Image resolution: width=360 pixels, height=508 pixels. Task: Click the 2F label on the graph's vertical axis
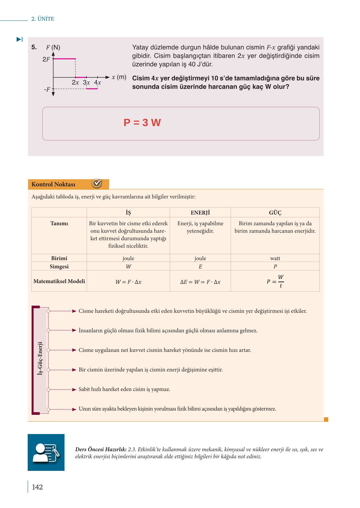pyautogui.click(x=46, y=59)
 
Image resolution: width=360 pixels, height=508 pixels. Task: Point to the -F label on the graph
pyautogui.click(x=47, y=89)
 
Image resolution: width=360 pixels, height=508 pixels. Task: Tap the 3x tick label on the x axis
pyautogui.click(x=86, y=82)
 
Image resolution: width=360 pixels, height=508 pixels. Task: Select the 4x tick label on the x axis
pyautogui.click(x=97, y=82)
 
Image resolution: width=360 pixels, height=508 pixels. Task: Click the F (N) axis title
pyautogui.click(x=53, y=48)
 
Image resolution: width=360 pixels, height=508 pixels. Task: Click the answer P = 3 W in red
pyautogui.click(x=142, y=123)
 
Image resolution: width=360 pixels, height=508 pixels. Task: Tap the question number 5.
pyautogui.click(x=34, y=47)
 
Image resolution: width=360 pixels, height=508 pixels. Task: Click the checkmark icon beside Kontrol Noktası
pyautogui.click(x=97, y=184)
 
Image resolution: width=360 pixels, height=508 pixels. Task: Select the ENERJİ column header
pyautogui.click(x=200, y=212)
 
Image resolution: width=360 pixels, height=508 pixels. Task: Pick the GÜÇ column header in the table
pyautogui.click(x=275, y=212)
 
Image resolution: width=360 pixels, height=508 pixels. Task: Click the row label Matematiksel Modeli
pyautogui.click(x=59, y=281)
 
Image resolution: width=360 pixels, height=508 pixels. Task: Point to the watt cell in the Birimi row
pyautogui.click(x=275, y=258)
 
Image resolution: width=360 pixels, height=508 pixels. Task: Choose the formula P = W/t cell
pyautogui.click(x=275, y=281)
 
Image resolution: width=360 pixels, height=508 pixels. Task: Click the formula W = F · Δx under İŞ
pyautogui.click(x=128, y=282)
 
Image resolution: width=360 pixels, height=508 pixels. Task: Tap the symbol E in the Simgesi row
pyautogui.click(x=200, y=267)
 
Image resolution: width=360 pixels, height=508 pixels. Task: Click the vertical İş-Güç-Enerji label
pyautogui.click(x=40, y=358)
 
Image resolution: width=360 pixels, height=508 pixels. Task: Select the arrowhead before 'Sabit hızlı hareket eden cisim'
pyautogui.click(x=74, y=389)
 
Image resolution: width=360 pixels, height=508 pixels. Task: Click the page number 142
pyautogui.click(x=37, y=487)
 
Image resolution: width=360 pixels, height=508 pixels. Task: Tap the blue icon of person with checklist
pyautogui.click(x=46, y=452)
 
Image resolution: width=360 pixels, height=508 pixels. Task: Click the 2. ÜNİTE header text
pyautogui.click(x=43, y=19)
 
